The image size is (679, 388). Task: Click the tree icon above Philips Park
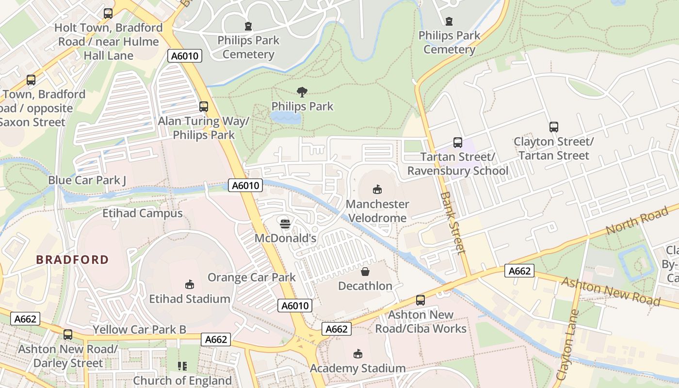pyautogui.click(x=302, y=92)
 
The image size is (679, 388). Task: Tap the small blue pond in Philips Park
pyautogui.click(x=285, y=117)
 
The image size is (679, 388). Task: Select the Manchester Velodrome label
pyautogui.click(x=377, y=211)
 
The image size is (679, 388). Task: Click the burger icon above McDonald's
pyautogui.click(x=285, y=224)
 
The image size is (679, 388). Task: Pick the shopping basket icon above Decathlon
pyautogui.click(x=365, y=272)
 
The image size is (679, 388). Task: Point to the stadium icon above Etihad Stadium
pyautogui.click(x=190, y=284)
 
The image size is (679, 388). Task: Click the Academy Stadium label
pyautogui.click(x=357, y=368)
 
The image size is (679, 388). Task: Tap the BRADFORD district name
pyautogui.click(x=72, y=259)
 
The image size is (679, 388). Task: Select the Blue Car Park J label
pyautogui.click(x=87, y=180)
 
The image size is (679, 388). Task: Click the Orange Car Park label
pyautogui.click(x=251, y=277)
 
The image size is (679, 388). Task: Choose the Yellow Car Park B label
pyautogui.click(x=139, y=330)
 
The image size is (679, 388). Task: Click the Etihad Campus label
pyautogui.click(x=142, y=213)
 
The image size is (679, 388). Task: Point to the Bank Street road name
pyautogui.click(x=453, y=223)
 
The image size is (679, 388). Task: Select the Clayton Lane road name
pyautogui.click(x=566, y=346)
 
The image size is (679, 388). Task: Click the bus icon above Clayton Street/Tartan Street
pyautogui.click(x=553, y=127)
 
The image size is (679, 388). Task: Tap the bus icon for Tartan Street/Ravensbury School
pyautogui.click(x=457, y=143)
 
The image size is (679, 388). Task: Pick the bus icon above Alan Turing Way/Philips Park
pyautogui.click(x=204, y=107)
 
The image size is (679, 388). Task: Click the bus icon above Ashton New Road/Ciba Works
pyautogui.click(x=420, y=300)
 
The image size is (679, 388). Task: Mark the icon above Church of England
pyautogui.click(x=182, y=366)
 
